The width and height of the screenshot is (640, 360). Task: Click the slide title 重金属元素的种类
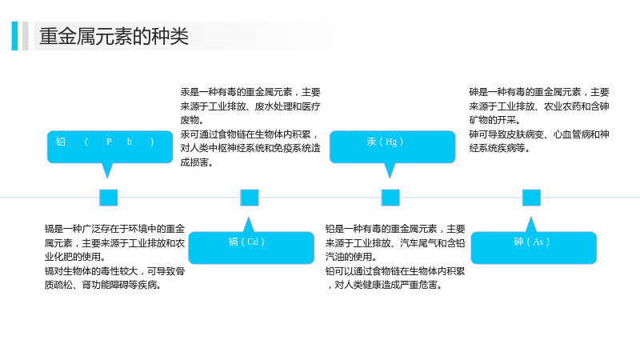coord(114,36)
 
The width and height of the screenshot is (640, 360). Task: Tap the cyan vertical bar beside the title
coord(14,36)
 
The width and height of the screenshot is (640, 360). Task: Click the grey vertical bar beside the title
coord(26,36)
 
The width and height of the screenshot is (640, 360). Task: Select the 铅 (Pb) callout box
coord(110,147)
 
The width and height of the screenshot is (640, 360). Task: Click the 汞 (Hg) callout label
coord(385,142)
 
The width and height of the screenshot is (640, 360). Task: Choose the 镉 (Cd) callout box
coord(251,248)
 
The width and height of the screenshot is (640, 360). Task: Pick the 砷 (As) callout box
coord(534,248)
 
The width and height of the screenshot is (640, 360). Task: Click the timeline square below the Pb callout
coord(109,198)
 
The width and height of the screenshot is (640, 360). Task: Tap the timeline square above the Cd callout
coord(250,198)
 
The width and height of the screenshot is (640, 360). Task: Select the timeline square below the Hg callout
coord(390,198)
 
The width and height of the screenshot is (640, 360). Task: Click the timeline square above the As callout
coord(531,198)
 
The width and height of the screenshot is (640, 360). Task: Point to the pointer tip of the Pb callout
coord(107,178)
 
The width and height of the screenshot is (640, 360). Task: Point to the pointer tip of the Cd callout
coord(248,217)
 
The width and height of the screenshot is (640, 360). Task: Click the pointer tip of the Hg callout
coord(390,178)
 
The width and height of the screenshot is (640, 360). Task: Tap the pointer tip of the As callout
coord(530,217)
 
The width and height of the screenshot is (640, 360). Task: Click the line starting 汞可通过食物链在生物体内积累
coord(250,134)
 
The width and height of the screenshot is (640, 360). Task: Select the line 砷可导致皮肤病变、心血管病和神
coord(538,134)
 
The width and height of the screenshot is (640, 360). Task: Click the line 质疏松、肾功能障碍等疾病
coord(102,285)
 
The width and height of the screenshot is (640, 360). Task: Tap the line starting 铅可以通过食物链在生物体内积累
coord(395,271)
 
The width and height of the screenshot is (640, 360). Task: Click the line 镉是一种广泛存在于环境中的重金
coord(114,229)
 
